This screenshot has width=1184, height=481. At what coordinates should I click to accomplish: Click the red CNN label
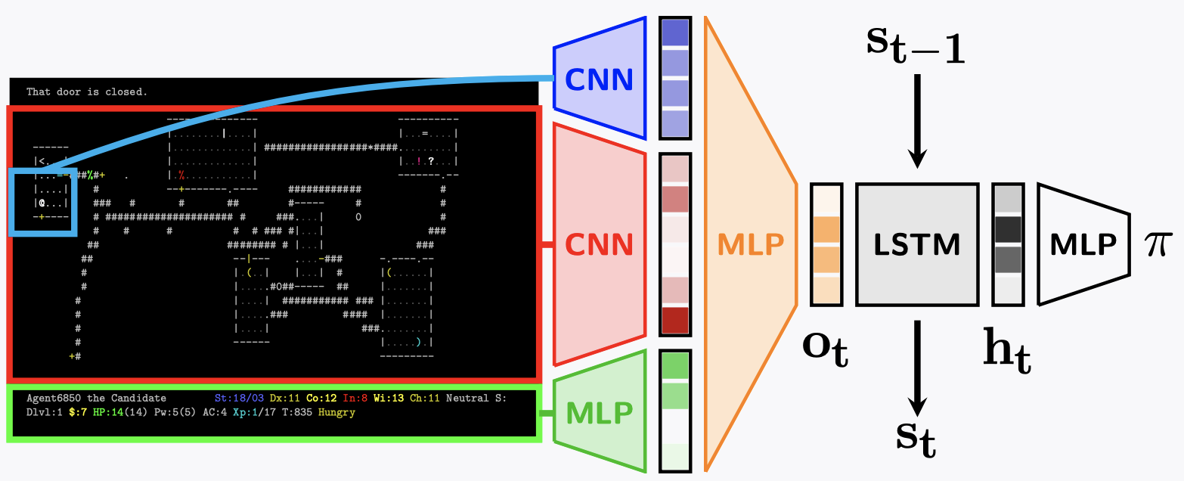(599, 244)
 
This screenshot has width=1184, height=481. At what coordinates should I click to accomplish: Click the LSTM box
(917, 244)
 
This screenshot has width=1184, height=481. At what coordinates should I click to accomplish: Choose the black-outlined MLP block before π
(1083, 244)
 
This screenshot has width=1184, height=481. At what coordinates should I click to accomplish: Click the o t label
(825, 349)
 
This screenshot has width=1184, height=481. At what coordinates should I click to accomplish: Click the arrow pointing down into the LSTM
(917, 121)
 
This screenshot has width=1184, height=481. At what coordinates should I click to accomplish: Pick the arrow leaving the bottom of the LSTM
(917, 367)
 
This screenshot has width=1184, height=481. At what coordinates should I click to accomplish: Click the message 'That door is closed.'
(87, 92)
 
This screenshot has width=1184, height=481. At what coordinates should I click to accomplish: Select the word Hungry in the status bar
(336, 413)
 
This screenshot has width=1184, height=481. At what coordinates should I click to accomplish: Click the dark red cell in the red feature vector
(675, 321)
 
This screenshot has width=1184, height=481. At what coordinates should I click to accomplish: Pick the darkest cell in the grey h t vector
(1008, 230)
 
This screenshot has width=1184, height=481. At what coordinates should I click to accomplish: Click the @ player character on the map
(42, 203)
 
